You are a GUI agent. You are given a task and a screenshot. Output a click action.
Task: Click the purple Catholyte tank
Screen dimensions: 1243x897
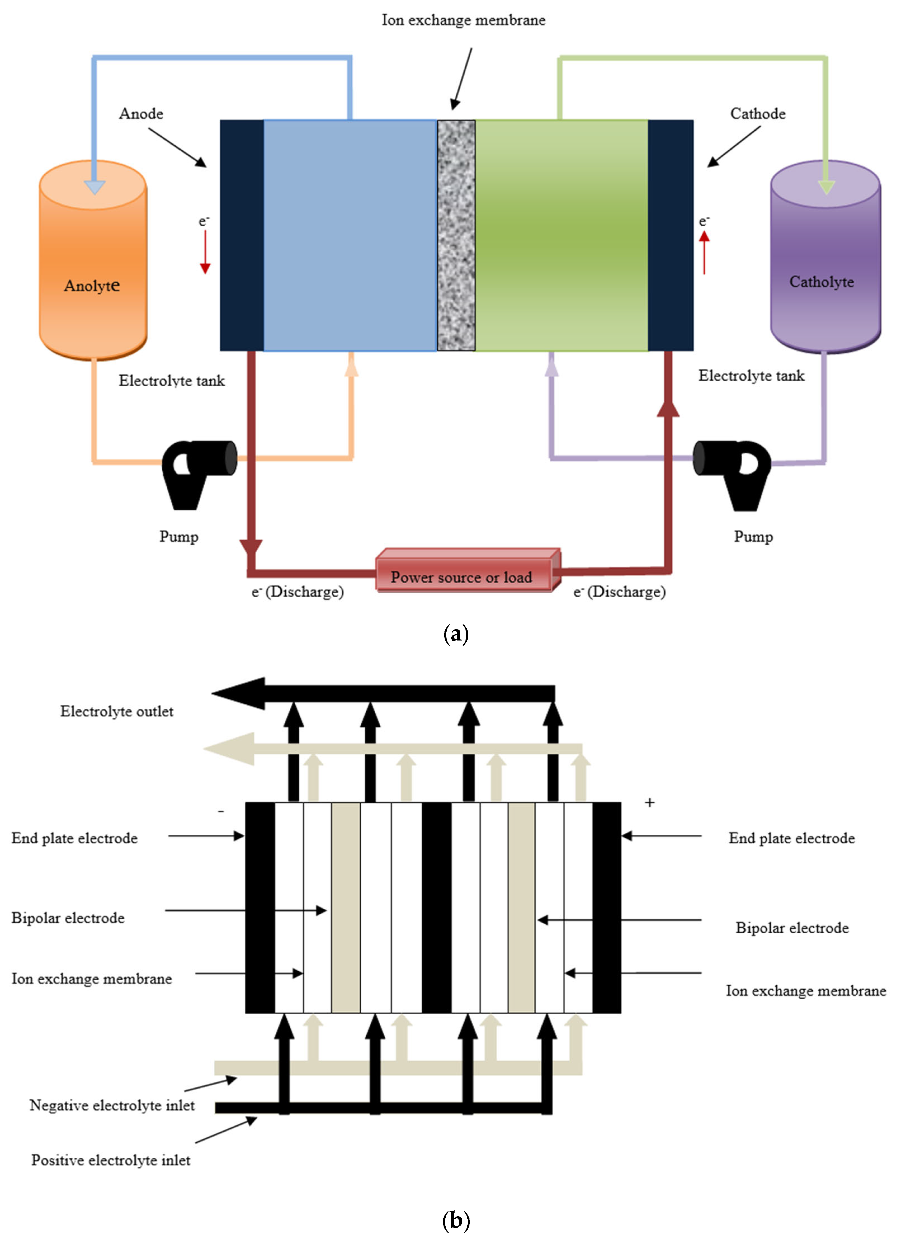825,257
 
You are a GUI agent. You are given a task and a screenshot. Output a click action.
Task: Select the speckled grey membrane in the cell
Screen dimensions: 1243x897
456,236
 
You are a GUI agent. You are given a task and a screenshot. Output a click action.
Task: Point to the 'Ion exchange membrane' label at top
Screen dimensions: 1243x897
463,20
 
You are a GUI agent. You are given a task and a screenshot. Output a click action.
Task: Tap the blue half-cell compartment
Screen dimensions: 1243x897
350,236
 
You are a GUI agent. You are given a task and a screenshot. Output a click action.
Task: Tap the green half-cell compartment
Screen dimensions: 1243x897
562,236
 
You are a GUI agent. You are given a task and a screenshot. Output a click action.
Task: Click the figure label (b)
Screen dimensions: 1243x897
455,1220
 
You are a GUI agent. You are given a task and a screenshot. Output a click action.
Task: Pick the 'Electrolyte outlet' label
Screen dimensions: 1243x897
117,711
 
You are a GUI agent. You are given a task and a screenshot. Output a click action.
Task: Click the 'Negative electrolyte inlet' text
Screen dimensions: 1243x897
112,1106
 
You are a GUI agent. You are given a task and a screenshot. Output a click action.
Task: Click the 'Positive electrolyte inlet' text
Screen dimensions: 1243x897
111,1160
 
